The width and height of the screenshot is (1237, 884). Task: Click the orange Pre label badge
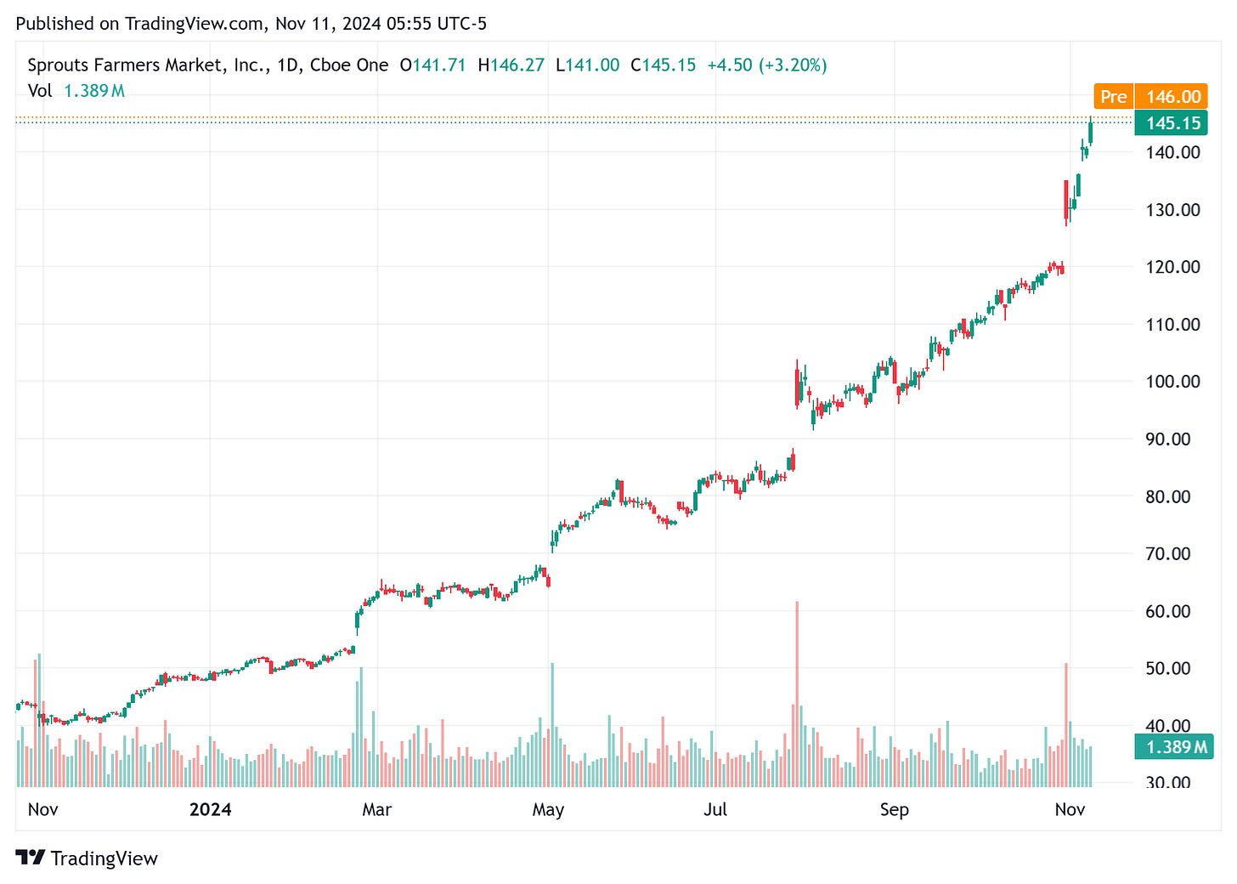point(1113,97)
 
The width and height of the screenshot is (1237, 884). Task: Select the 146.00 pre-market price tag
point(1172,97)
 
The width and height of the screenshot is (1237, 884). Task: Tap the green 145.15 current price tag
point(1172,123)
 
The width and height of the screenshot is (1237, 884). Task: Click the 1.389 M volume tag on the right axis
point(1176,747)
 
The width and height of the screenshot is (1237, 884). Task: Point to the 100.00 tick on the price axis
point(1172,382)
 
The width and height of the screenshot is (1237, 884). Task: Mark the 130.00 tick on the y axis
point(1172,210)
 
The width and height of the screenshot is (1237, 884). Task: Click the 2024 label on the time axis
point(210,809)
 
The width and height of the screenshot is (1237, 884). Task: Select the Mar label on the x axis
point(376,809)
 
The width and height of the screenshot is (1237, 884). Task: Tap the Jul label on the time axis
point(715,809)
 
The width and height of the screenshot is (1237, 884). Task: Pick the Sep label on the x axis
point(894,809)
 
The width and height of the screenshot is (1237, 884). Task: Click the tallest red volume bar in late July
point(797,693)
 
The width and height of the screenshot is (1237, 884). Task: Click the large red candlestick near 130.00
point(1066,201)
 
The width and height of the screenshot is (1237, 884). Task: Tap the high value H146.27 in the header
point(511,65)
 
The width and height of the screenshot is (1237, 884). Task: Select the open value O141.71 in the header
point(432,65)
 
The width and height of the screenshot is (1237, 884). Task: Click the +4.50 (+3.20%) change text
point(766,65)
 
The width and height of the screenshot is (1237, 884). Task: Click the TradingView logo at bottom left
point(87,858)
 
